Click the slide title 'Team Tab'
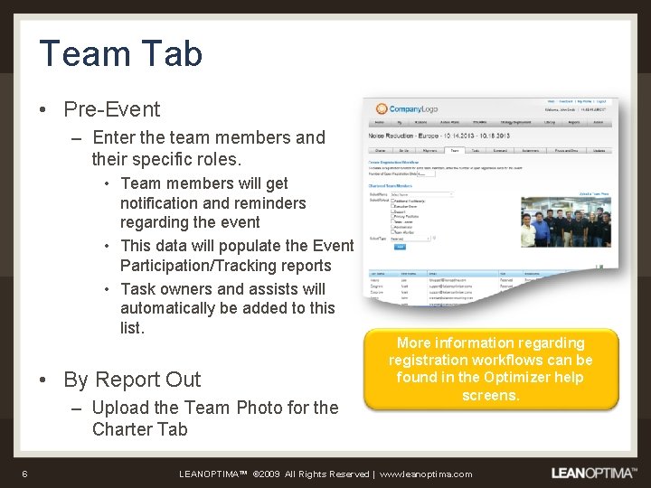120,53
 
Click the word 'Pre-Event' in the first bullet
111,109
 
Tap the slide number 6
25,474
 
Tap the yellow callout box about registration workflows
490,369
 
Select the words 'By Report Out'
132,380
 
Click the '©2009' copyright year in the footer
270,474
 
